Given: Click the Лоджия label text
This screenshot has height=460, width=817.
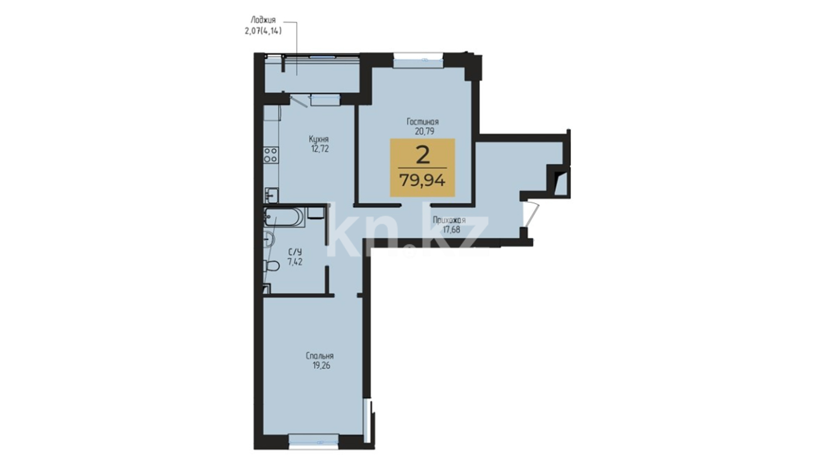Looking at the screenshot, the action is [x=263, y=20].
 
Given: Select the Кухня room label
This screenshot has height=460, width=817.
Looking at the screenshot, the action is [x=319, y=139].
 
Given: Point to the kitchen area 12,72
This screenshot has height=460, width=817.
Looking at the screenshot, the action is [x=320, y=149].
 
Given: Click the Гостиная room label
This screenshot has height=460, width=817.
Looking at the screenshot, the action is [x=423, y=122].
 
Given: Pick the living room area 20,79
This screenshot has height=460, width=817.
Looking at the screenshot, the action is [x=425, y=131].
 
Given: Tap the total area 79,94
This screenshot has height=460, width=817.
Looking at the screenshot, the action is [x=423, y=181].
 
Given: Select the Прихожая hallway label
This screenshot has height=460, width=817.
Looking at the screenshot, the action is [x=449, y=220].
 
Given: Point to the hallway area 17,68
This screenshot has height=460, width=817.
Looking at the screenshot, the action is [x=451, y=230].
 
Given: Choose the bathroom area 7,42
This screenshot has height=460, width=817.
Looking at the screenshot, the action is [x=295, y=262].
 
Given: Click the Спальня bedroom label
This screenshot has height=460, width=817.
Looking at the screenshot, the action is [x=320, y=356].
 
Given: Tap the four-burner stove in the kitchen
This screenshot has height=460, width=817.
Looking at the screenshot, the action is [x=271, y=155].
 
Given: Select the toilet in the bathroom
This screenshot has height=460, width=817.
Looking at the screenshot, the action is [x=271, y=266].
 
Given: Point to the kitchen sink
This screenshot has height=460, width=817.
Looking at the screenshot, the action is [x=271, y=195].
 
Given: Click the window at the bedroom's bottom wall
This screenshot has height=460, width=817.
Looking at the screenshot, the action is [x=314, y=441].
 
